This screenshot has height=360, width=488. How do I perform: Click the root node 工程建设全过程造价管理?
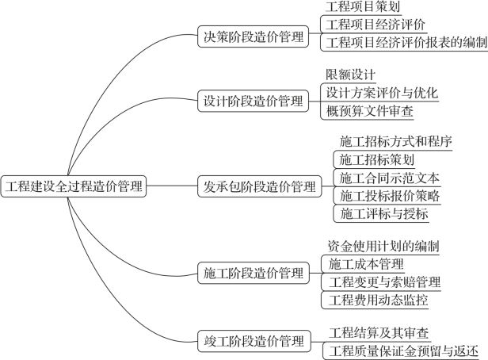[74, 186]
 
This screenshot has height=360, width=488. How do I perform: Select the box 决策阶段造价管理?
[253, 36]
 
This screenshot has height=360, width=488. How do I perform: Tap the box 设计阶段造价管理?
[253, 101]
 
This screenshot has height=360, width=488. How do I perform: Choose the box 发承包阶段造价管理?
[260, 186]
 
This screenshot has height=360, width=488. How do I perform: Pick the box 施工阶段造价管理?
[254, 273]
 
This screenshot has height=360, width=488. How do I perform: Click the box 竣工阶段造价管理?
[254, 341]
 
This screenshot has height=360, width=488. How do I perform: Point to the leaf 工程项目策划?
[363, 7]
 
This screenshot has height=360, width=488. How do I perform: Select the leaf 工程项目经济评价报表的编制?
[406, 42]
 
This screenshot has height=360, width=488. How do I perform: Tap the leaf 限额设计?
[350, 75]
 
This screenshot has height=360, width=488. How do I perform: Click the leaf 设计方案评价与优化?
[382, 93]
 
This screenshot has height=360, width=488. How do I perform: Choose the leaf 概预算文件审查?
[369, 111]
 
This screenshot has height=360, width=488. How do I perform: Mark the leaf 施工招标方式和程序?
[395, 141]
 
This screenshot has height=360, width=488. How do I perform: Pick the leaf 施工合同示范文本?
[389, 178]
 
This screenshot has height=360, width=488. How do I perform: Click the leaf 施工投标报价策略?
[390, 196]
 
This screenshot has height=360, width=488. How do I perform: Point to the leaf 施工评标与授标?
[383, 213]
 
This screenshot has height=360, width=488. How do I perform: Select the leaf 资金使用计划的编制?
[383, 246]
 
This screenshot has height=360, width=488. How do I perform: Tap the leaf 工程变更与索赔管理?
[385, 282]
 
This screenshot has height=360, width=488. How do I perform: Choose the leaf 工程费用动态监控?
[378, 300]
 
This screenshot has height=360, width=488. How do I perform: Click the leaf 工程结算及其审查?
[379, 333]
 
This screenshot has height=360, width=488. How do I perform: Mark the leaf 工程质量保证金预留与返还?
[403, 351]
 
